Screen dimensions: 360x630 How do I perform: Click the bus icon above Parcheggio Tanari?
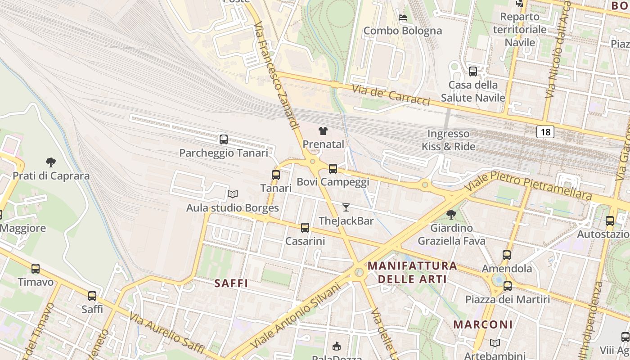(x=224, y=139)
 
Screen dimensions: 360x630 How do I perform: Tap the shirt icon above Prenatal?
(x=323, y=131)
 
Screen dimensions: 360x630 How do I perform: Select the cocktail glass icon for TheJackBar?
(x=346, y=207)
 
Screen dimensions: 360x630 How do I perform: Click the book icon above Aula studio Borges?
(x=232, y=194)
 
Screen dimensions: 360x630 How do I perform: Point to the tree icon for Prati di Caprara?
(x=51, y=162)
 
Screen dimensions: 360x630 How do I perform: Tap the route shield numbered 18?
(x=545, y=132)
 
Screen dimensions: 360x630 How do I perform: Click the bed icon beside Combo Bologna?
(x=403, y=18)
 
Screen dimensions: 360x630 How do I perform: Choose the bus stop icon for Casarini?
(x=305, y=228)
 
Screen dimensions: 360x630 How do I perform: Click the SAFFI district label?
(x=231, y=283)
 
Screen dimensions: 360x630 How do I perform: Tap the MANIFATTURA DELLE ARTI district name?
(x=412, y=272)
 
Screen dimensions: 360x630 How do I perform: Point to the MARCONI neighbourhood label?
(x=483, y=324)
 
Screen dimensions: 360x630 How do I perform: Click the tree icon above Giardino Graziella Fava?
(x=451, y=215)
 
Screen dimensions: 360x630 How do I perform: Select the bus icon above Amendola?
(x=507, y=255)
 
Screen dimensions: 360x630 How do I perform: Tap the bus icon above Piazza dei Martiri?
(x=508, y=286)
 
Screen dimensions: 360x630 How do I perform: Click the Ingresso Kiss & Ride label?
(x=448, y=140)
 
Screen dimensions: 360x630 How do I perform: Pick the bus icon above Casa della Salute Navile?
(x=473, y=72)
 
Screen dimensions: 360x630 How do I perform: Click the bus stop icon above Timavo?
(x=36, y=269)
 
